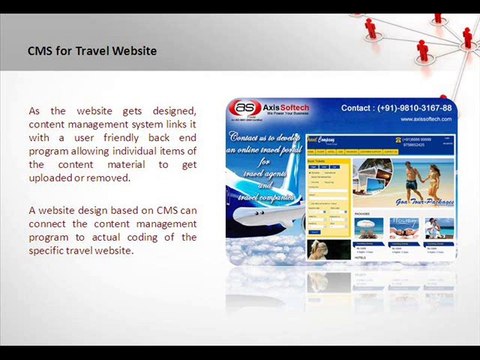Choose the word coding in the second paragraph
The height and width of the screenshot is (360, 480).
162,237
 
